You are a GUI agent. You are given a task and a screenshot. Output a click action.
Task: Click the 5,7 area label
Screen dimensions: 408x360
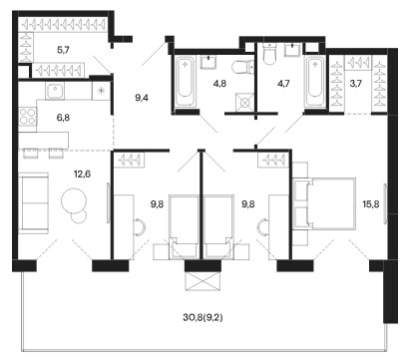pos(63,51)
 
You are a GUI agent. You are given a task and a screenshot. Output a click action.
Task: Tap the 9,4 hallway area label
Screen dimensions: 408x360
pos(142,98)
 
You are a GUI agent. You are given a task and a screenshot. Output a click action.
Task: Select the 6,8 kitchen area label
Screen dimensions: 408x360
pos(63,118)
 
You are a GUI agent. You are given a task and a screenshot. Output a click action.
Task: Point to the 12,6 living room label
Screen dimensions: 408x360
pos(83,174)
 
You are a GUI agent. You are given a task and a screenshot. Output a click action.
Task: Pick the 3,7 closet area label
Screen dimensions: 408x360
pos(355,84)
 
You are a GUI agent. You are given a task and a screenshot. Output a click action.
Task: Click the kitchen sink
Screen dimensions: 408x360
pos(55,91)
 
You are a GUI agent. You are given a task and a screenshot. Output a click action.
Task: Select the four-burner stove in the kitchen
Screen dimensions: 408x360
pos(28,117)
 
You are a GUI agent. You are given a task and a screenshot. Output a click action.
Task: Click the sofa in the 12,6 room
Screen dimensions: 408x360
pos(33,202)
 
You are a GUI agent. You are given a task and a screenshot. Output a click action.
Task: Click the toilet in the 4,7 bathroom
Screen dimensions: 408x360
pos(268,55)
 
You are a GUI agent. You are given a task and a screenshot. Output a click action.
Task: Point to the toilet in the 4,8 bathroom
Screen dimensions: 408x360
pos(242,68)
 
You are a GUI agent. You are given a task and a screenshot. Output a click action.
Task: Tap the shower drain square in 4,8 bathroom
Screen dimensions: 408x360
pos(244,103)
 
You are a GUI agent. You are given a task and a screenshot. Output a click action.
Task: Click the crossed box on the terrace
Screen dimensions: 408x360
pos(203,281)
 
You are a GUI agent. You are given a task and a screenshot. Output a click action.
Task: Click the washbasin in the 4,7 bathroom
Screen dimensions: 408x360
pos(292,50)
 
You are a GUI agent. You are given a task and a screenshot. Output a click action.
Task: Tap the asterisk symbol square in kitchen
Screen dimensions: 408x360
pos(101,91)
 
